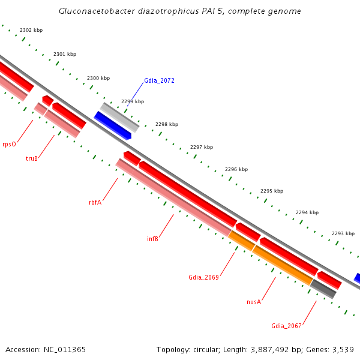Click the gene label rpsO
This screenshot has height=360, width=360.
pos(9,144)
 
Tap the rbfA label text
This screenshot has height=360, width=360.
pos(95,202)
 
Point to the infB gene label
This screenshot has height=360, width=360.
pos(152,239)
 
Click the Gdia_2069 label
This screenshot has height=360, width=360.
pos(203,277)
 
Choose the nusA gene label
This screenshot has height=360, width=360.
pos(254,302)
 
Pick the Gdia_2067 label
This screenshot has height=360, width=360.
pos(286,326)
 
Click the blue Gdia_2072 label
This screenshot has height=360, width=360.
pos(159,80)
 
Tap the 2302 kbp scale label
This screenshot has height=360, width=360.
pos(31,30)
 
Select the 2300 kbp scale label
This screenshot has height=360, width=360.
pos(98,78)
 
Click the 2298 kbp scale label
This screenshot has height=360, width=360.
pos(167,124)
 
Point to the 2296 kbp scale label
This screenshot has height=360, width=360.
pos(236,169)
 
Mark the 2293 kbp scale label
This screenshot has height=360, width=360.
pos(343,233)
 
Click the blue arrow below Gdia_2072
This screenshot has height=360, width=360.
pos(112,125)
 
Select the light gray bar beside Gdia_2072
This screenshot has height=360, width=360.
pos(120,117)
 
